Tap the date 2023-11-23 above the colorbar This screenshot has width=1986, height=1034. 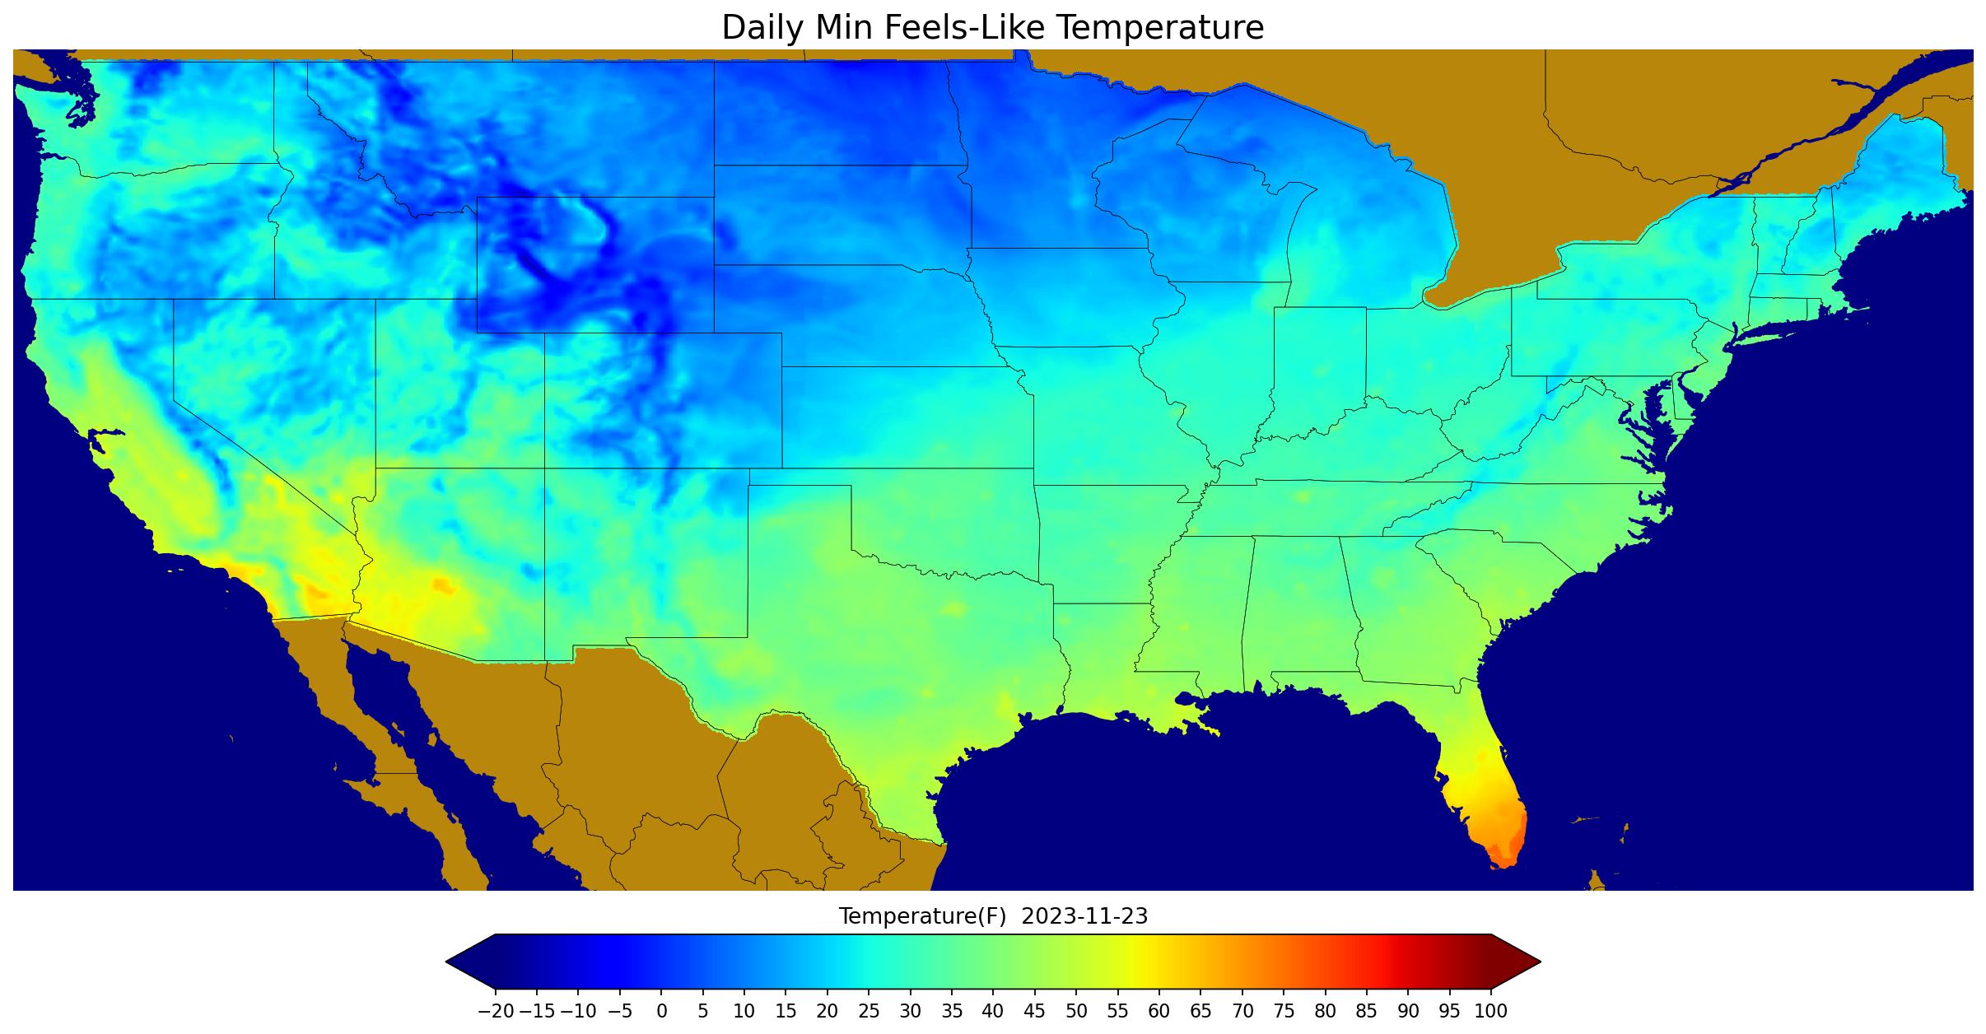coord(1084,916)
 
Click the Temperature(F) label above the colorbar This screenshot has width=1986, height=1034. coord(922,916)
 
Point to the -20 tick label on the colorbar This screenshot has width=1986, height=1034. coord(495,1012)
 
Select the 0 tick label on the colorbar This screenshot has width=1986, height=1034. coord(661,1012)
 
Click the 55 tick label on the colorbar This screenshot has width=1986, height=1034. coord(1117,1012)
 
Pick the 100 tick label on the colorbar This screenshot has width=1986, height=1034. coord(1490,1012)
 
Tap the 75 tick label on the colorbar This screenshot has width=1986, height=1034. coord(1284,1012)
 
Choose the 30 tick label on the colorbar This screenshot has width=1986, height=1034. coord(910,1012)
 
